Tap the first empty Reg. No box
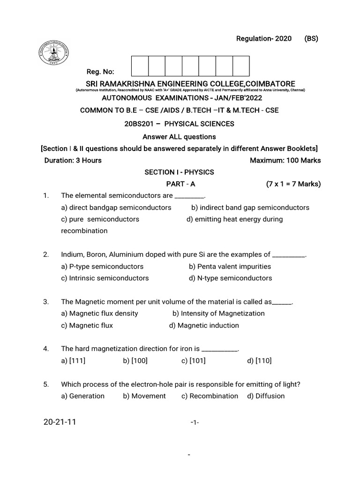(140, 66)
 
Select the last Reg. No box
(241, 66)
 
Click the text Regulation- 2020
(263, 39)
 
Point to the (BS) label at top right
(311, 39)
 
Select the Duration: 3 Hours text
(73, 160)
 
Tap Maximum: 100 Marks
(285, 160)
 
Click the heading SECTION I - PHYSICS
(179, 172)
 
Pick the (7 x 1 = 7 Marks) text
(293, 184)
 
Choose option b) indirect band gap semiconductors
(250, 207)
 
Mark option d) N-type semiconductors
(230, 278)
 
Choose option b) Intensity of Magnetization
(218, 313)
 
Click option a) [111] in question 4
(73, 360)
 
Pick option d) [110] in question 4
(259, 360)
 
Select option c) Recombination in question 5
(210, 396)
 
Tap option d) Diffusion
(266, 396)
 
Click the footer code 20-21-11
(60, 422)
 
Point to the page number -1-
(195, 423)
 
